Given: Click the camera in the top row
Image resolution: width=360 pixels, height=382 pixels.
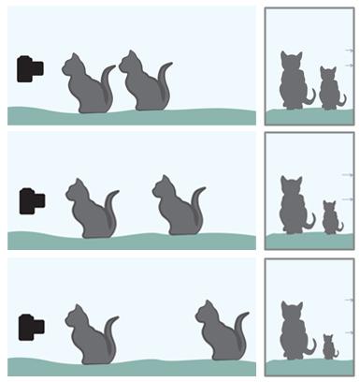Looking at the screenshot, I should pos(29,67).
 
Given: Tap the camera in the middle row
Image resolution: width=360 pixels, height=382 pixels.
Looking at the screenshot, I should pos(31,199).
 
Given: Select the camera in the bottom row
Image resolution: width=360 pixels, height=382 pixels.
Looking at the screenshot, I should pos(31,327).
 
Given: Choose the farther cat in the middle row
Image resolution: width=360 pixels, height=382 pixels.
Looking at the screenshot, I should pos(175,208).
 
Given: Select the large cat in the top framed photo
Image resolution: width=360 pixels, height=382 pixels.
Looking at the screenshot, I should pos(295,82).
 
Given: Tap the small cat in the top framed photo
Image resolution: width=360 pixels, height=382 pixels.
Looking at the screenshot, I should pos(328,90).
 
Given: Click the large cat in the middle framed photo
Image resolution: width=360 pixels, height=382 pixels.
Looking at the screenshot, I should pos(295,208).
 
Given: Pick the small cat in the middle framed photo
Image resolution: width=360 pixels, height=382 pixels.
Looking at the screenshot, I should pos(329,218).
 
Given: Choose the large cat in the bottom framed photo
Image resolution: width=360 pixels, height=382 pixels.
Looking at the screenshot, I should pos(295,333).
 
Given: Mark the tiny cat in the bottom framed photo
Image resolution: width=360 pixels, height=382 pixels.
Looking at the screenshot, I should pos(329,346).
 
